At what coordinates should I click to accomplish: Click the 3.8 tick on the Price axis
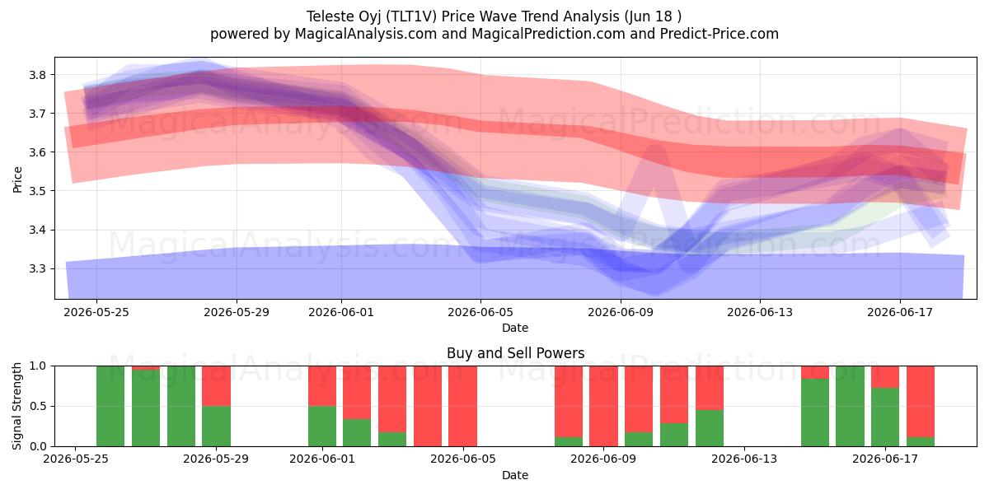tap(37, 75)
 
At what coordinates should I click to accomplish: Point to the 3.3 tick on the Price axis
tap(37, 269)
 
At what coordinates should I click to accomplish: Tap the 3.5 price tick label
tap(37, 191)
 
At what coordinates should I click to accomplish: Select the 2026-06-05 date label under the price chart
tap(480, 312)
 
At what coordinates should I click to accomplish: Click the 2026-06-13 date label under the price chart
tap(760, 312)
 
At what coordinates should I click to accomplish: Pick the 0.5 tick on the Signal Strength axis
tap(37, 406)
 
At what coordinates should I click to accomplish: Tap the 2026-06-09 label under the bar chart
tap(603, 459)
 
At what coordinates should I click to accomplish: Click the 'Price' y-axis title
tap(17, 179)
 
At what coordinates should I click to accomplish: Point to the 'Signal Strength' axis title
tap(17, 406)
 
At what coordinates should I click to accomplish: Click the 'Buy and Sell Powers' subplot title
tap(515, 353)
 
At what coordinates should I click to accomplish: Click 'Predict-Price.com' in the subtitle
tap(719, 34)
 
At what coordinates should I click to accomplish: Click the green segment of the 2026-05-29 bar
tap(216, 426)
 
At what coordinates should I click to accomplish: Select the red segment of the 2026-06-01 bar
tap(322, 386)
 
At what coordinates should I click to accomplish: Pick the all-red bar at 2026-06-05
tap(462, 406)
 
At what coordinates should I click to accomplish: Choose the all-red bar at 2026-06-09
tap(603, 406)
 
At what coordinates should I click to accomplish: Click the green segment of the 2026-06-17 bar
tap(885, 417)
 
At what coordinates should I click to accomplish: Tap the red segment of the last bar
tap(921, 402)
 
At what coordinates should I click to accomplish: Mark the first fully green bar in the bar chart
tap(110, 406)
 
